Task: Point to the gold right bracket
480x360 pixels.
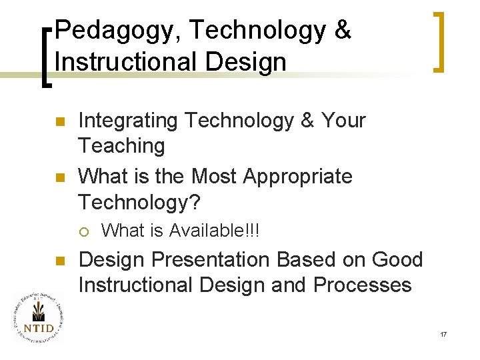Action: (x=439, y=41)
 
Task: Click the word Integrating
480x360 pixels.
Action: (x=127, y=121)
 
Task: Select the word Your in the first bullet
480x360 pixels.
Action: (x=343, y=121)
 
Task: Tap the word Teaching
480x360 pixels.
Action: (x=121, y=145)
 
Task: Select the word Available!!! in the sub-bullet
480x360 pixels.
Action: (x=214, y=231)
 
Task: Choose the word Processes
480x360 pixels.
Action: (x=363, y=285)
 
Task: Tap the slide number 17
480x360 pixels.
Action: (x=443, y=333)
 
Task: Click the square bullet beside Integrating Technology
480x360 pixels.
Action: (x=59, y=122)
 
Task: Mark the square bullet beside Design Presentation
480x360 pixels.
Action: (x=59, y=261)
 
